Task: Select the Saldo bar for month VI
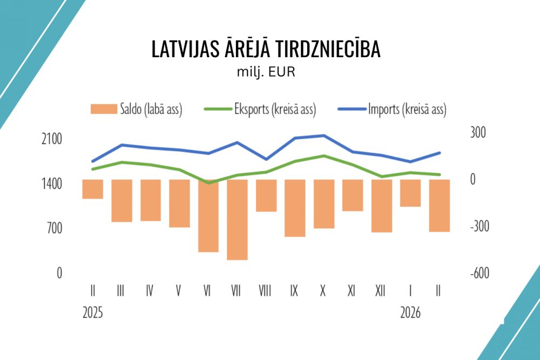tap(208, 215)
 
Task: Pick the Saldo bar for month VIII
tap(266, 195)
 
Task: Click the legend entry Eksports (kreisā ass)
tap(259, 109)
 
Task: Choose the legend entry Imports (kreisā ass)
tap(392, 109)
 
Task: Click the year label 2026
tap(411, 313)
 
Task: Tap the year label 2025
tap(92, 313)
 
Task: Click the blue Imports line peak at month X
tap(323, 135)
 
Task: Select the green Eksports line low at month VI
tap(208, 182)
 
